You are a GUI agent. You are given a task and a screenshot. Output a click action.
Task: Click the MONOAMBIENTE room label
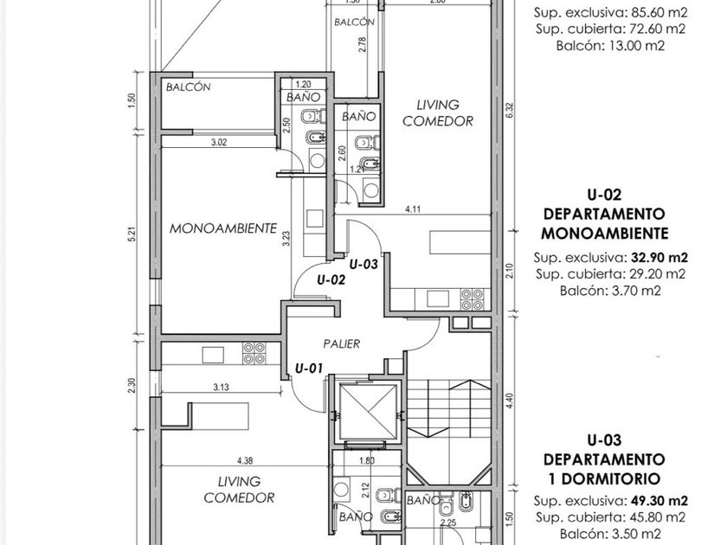223,228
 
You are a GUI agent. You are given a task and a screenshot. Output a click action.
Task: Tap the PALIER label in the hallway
342,344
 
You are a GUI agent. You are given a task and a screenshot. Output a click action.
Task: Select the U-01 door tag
309,369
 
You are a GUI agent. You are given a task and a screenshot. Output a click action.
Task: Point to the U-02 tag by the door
331,280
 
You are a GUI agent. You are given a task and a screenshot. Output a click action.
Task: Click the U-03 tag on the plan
363,265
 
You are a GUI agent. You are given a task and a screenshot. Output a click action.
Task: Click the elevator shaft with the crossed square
369,411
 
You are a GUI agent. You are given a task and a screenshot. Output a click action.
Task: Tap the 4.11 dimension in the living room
413,209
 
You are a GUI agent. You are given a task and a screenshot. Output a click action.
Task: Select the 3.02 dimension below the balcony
218,142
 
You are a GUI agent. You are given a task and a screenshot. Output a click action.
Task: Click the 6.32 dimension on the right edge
511,111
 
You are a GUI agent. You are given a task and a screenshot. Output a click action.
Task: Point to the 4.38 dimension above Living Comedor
244,460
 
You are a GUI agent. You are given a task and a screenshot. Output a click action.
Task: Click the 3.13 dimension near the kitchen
221,387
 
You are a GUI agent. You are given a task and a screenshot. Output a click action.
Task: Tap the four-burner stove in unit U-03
473,299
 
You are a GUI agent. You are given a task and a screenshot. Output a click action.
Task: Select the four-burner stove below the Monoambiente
254,353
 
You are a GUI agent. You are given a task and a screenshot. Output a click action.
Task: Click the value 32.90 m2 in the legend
659,257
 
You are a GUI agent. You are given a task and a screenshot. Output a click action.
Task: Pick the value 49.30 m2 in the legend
659,501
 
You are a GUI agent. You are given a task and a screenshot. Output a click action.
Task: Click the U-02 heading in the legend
604,195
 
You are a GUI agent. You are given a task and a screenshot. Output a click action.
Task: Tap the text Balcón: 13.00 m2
611,45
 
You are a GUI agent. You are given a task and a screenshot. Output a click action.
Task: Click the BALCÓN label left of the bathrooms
189,87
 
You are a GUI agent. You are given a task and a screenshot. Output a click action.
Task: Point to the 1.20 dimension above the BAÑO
303,85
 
